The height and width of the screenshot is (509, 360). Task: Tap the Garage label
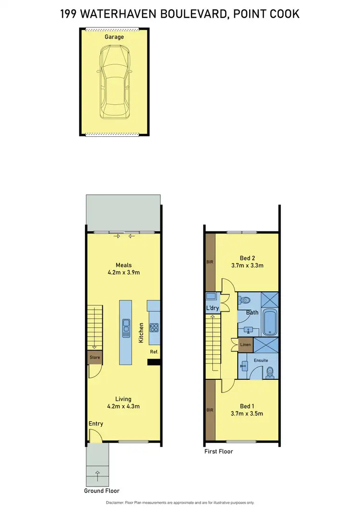tap(114, 37)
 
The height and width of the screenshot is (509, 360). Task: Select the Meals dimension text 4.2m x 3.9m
tap(123, 272)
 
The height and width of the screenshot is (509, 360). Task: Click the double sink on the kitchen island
tap(126, 328)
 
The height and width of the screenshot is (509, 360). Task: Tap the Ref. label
tap(154, 351)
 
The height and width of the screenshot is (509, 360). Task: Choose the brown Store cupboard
tap(94, 357)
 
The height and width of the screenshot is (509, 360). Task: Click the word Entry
tap(96, 424)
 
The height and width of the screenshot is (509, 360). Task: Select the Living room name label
tap(123, 399)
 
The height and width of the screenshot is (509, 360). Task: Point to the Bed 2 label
tap(247, 257)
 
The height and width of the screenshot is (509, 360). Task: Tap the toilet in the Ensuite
tap(270, 371)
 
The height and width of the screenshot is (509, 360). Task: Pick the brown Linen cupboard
tap(245, 345)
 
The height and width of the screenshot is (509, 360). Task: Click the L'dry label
tap(212, 308)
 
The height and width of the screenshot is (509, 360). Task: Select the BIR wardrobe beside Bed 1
tap(210, 410)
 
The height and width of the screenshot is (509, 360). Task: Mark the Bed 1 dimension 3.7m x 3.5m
tap(247, 413)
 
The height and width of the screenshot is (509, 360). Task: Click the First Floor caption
tap(218, 451)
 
